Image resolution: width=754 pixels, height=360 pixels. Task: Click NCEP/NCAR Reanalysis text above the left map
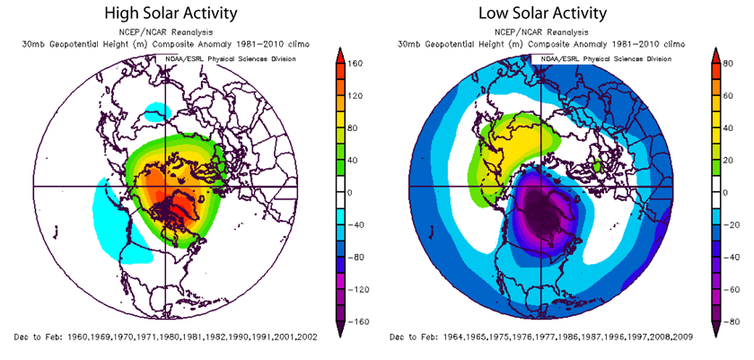pyautogui.click(x=171, y=31)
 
